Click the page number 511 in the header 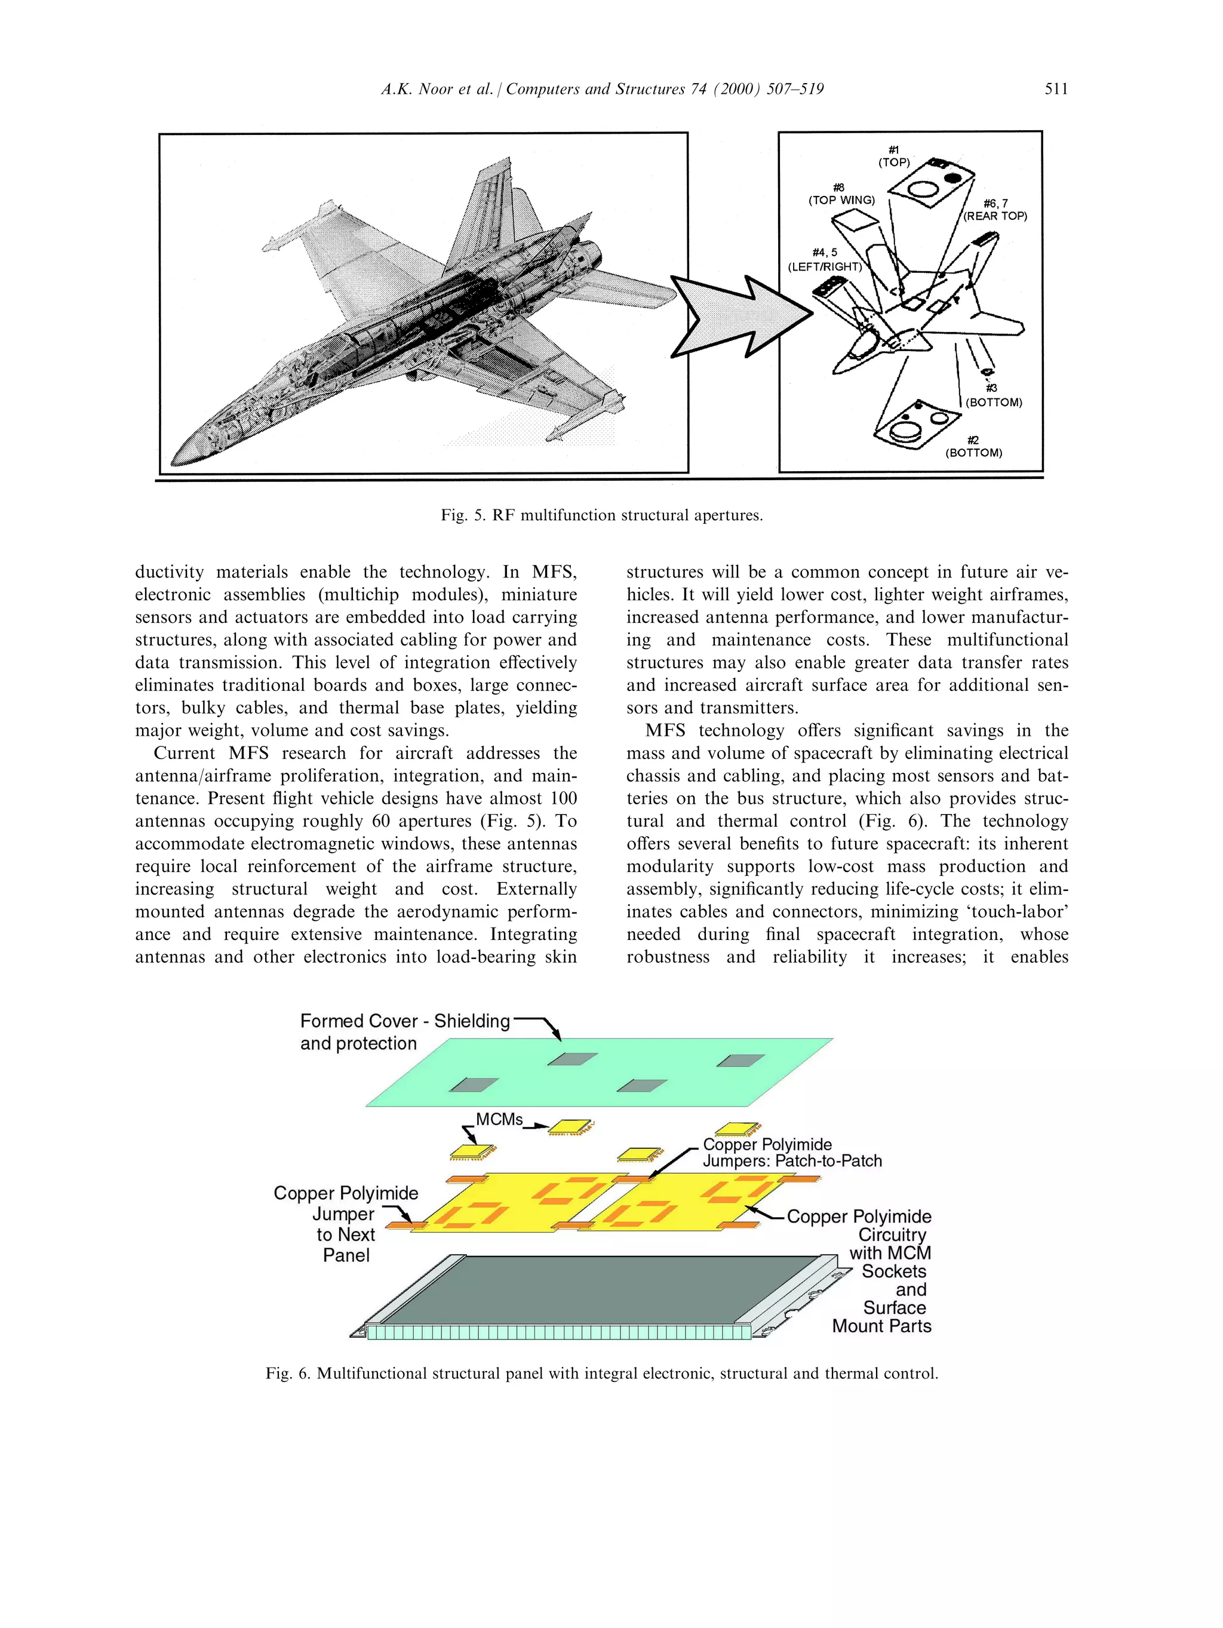tap(1055, 89)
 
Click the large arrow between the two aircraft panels tap(736, 317)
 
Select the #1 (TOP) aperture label tap(893, 156)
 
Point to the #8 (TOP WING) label tap(841, 194)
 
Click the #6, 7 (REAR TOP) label tap(995, 210)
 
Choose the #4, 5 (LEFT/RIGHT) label tap(824, 260)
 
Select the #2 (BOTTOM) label tap(973, 447)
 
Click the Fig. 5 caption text tap(601, 515)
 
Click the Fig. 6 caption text tap(601, 1374)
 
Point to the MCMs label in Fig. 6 tap(499, 1119)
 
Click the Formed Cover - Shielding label tap(404, 1022)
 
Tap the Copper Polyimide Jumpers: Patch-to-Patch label tap(791, 1153)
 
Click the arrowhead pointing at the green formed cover tap(557, 1036)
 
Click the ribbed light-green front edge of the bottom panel tap(560, 1332)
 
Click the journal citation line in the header tap(601, 89)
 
